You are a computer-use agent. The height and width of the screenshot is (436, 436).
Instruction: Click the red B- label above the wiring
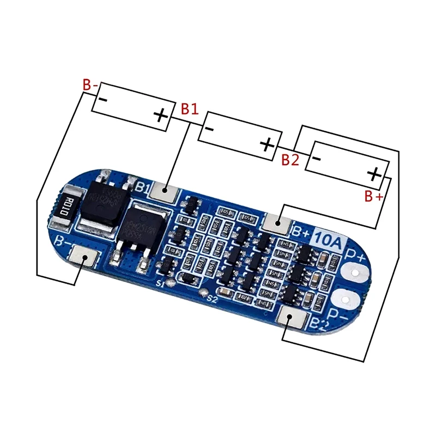90,85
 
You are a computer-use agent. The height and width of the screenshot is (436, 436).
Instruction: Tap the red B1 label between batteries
190,108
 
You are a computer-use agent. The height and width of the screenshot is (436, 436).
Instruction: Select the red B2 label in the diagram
290,160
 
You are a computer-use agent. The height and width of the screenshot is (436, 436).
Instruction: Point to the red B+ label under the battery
373,196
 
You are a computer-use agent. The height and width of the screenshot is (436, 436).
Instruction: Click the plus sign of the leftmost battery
160,115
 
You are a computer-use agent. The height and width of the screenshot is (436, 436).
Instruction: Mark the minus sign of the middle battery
208,128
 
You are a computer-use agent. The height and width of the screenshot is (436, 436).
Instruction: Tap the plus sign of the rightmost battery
374,174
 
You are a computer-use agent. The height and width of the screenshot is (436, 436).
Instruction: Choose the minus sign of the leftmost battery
102,99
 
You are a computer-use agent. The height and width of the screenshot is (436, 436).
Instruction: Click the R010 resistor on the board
60,208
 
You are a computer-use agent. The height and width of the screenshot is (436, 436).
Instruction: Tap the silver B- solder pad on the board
84,256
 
